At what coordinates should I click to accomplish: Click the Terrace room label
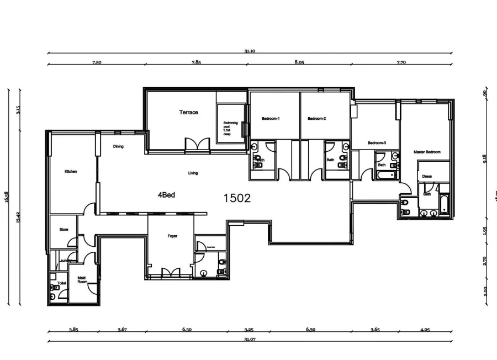point(188,113)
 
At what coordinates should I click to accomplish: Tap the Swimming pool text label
point(230,128)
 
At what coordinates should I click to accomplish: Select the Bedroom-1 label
point(271,119)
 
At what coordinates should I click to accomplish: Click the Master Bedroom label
point(427,151)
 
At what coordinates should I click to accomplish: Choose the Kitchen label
point(71,172)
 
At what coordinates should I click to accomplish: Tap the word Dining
point(118,147)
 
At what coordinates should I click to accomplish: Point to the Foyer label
point(172,236)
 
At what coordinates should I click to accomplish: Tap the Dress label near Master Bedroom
point(426,177)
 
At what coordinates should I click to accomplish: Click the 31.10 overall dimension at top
point(250,51)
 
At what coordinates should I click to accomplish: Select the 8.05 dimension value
point(299,62)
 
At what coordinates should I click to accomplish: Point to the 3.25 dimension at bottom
point(248,330)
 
